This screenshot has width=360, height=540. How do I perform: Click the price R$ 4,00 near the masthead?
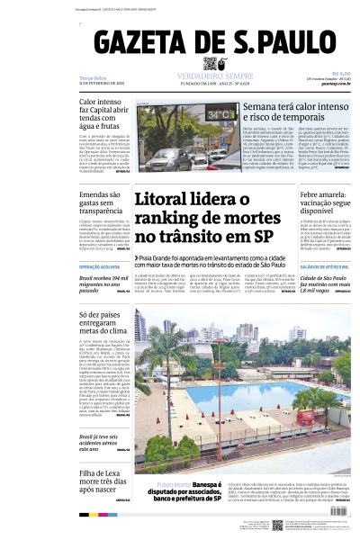tap(340, 74)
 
